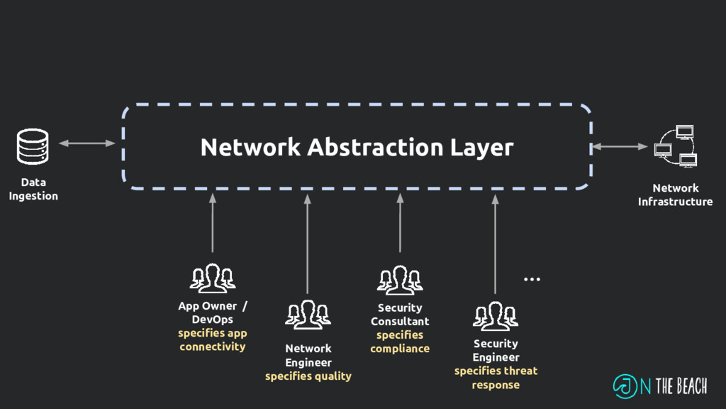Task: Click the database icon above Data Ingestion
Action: point(33,147)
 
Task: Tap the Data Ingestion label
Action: point(33,189)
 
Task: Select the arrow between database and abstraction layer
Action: point(86,143)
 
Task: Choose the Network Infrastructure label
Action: point(675,195)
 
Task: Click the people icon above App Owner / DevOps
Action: point(212,278)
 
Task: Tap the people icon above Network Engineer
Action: point(308,315)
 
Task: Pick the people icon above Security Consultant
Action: point(400,280)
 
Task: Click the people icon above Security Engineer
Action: point(495,316)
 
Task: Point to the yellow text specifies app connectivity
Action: point(212,340)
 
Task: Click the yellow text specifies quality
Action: point(308,376)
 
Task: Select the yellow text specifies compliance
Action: point(400,342)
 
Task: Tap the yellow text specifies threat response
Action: point(496,378)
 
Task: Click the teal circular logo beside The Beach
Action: point(625,386)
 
